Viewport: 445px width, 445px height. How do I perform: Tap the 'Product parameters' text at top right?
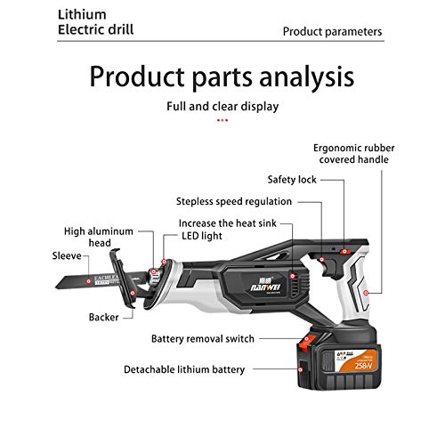333,31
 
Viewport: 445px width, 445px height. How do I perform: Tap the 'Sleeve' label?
68,256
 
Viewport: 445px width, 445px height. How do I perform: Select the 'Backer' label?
103,316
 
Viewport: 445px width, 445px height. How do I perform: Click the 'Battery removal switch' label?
214,339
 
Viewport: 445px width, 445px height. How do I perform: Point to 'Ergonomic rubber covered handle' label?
366,153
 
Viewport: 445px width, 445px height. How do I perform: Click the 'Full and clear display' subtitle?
222,106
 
